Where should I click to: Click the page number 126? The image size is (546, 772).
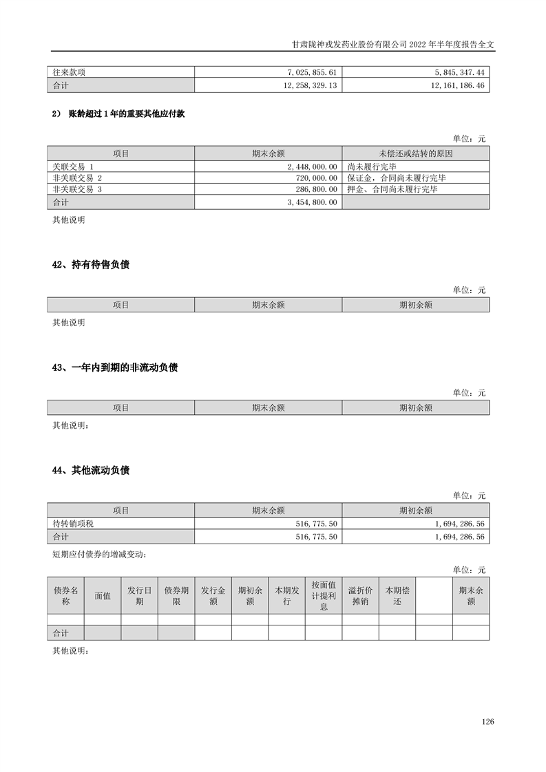tap(488, 722)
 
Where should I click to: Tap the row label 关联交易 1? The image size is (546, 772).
tap(72, 167)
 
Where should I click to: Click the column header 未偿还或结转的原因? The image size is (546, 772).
tap(415, 153)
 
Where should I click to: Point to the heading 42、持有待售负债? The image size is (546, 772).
tap(91, 265)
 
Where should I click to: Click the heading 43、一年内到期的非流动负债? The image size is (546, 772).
tap(115, 367)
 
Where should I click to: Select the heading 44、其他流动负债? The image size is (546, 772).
tap(91, 471)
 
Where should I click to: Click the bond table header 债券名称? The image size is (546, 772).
tap(65, 596)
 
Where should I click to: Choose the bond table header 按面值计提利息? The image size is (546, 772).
tap(324, 596)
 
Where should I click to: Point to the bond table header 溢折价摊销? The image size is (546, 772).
tap(360, 596)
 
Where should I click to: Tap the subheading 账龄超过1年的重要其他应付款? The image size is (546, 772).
tap(126, 114)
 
